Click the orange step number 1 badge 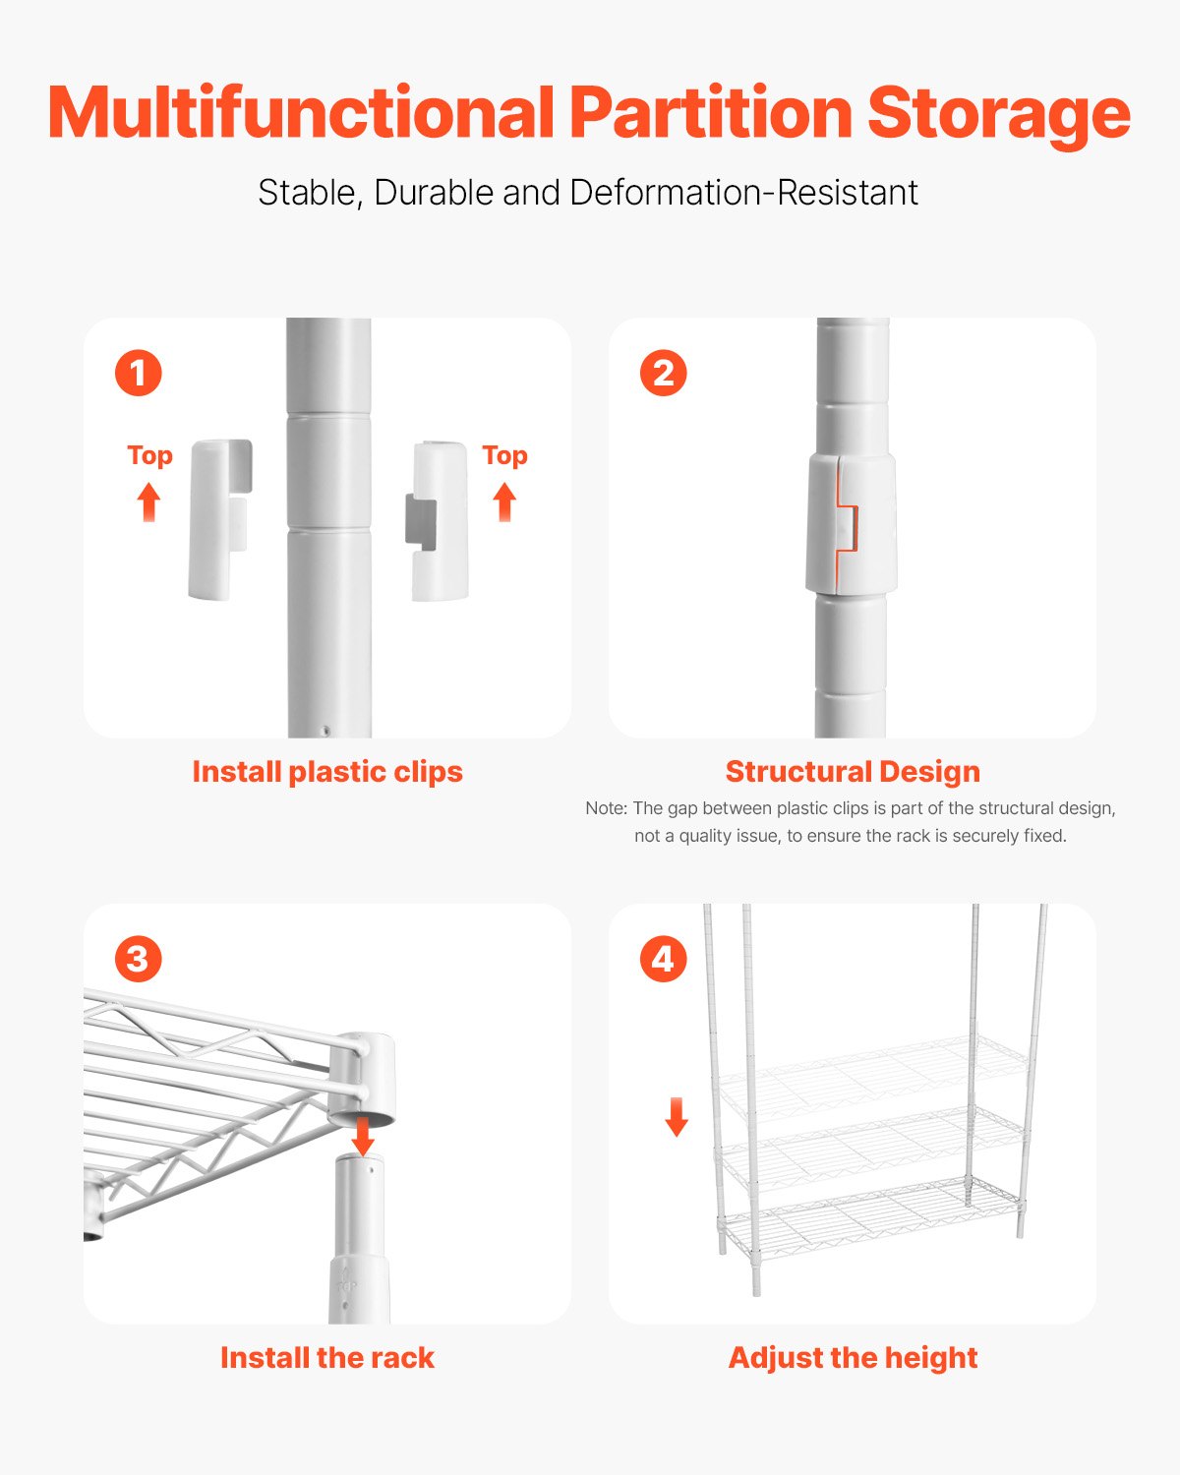click(138, 374)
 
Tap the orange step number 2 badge click(663, 374)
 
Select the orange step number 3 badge click(138, 960)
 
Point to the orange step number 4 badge click(663, 960)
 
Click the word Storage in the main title click(997, 114)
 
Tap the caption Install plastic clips click(326, 772)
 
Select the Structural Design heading click(853, 772)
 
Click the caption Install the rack click(326, 1358)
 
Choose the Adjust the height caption click(853, 1358)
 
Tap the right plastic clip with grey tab click(439, 521)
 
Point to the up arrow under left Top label click(148, 501)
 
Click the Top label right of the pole click(504, 455)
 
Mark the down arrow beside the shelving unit click(677, 1117)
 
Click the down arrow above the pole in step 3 click(363, 1137)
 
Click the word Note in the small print click(605, 808)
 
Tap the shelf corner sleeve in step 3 click(362, 1077)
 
